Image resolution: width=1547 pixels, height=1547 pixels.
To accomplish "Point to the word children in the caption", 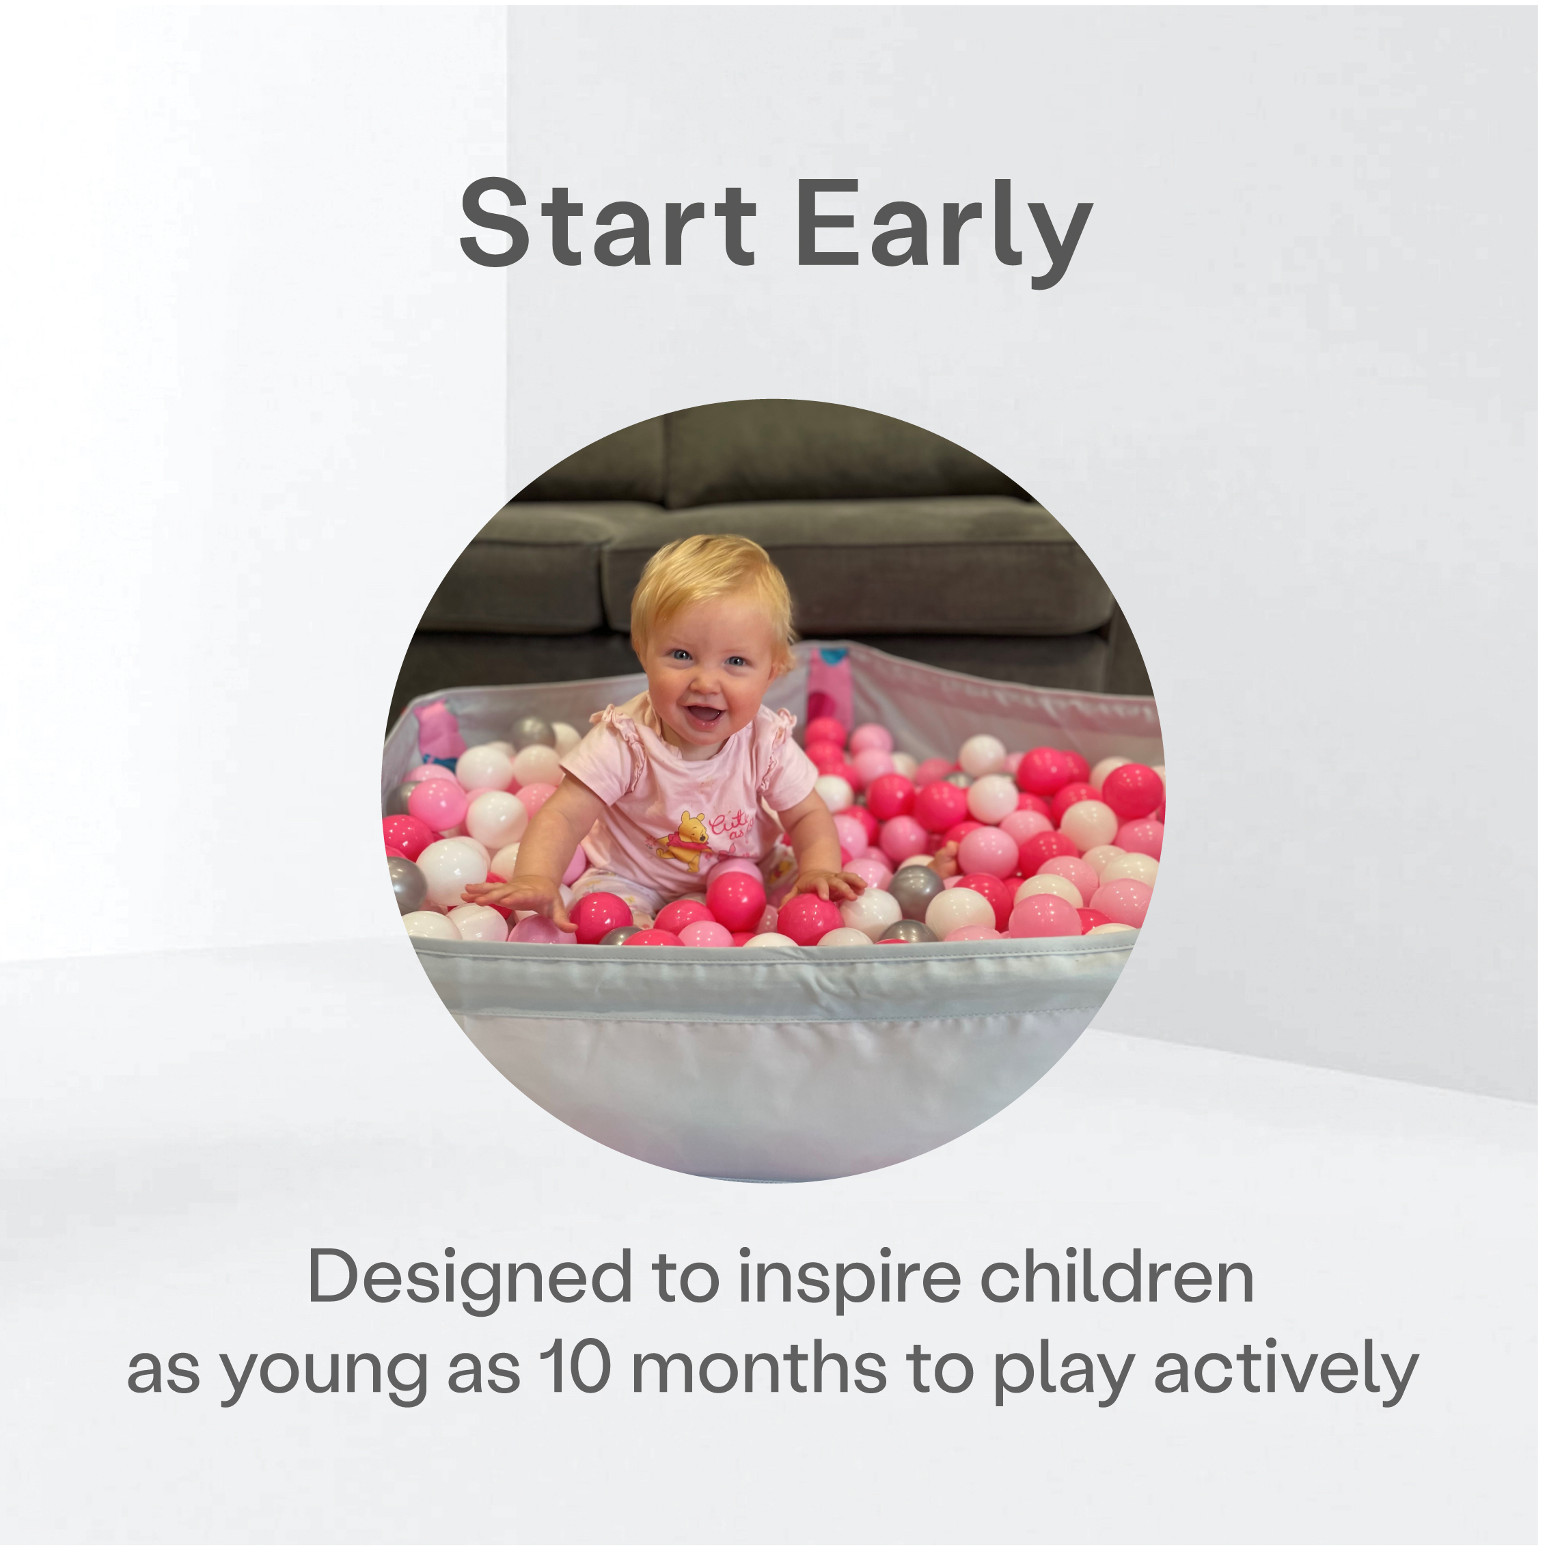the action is coord(1117,1276).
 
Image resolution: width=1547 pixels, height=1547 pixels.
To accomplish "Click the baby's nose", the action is coord(704,685).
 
